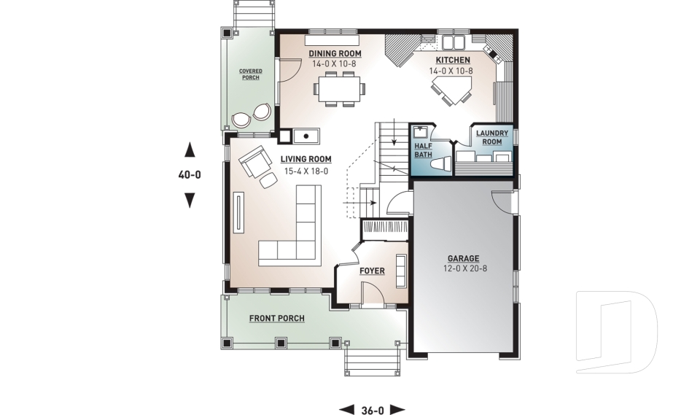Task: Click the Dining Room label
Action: [335, 54]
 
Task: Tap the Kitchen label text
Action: [453, 60]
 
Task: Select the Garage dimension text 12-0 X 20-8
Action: [463, 269]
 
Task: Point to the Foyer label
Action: [372, 271]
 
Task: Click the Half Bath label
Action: [423, 150]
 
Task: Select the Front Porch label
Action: [276, 319]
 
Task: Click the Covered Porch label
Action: [250, 74]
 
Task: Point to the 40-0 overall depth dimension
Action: [190, 175]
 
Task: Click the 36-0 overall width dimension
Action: [372, 410]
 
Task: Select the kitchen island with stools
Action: [452, 91]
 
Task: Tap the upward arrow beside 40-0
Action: [190, 150]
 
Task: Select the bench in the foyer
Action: [400, 271]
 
